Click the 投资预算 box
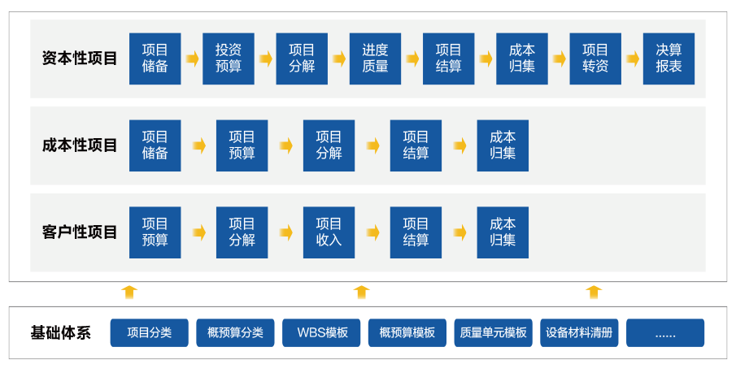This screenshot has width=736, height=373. click(x=229, y=59)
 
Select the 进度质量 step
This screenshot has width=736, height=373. click(x=375, y=59)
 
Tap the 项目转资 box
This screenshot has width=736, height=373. click(x=595, y=59)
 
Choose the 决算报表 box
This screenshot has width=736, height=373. click(x=668, y=59)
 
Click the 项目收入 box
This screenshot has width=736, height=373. click(x=329, y=232)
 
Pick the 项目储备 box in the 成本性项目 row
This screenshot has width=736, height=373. click(x=155, y=145)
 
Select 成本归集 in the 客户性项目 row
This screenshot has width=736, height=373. click(x=503, y=232)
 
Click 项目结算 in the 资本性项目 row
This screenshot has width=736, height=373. click(x=448, y=59)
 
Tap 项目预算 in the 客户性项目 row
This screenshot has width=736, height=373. click(x=155, y=232)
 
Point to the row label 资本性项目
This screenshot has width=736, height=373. click(x=80, y=59)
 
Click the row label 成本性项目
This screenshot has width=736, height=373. click(x=80, y=145)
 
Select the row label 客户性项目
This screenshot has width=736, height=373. click(x=80, y=232)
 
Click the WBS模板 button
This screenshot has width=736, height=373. click(x=322, y=332)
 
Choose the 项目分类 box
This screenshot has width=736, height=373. click(x=150, y=332)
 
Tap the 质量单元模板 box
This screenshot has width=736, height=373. click(x=493, y=332)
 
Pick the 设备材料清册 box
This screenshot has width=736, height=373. click(x=580, y=332)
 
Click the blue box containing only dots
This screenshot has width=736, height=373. click(x=665, y=332)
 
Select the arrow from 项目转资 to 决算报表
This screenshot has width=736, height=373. click(x=633, y=59)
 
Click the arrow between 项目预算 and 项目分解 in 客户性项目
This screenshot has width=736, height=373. click(x=198, y=232)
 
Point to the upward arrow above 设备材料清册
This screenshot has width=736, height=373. click(x=594, y=293)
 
